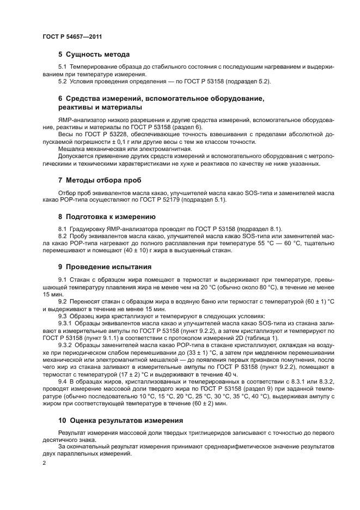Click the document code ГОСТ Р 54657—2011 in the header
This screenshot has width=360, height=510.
click(72, 37)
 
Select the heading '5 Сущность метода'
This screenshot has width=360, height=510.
click(94, 54)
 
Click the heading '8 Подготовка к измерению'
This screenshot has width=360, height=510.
click(107, 216)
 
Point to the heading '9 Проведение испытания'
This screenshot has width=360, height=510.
click(105, 267)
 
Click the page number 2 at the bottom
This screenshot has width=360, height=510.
click(44, 463)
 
